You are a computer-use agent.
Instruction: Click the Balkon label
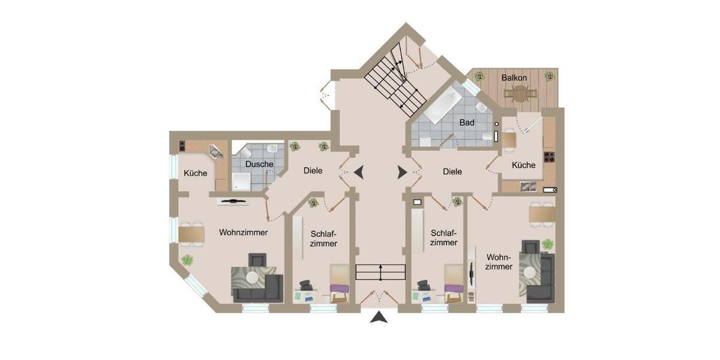coord(515,78)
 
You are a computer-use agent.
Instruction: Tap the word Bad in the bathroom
coord(467,122)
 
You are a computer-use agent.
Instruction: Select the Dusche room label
coord(259,164)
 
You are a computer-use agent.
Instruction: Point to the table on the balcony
coord(519,93)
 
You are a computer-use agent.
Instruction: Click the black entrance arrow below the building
coord(378,317)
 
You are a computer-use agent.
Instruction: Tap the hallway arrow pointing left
coord(358,173)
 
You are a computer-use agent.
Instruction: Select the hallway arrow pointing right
coord(401,173)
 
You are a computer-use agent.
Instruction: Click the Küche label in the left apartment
coord(195,173)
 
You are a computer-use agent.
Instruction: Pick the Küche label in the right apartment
coord(523,165)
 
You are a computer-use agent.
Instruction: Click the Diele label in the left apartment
coord(313,171)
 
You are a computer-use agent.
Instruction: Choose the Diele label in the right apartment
coord(452,172)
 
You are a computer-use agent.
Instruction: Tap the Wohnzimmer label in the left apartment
coord(243,232)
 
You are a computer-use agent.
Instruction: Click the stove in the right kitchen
coord(548,157)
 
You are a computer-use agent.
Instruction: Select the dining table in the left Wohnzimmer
coord(191,234)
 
